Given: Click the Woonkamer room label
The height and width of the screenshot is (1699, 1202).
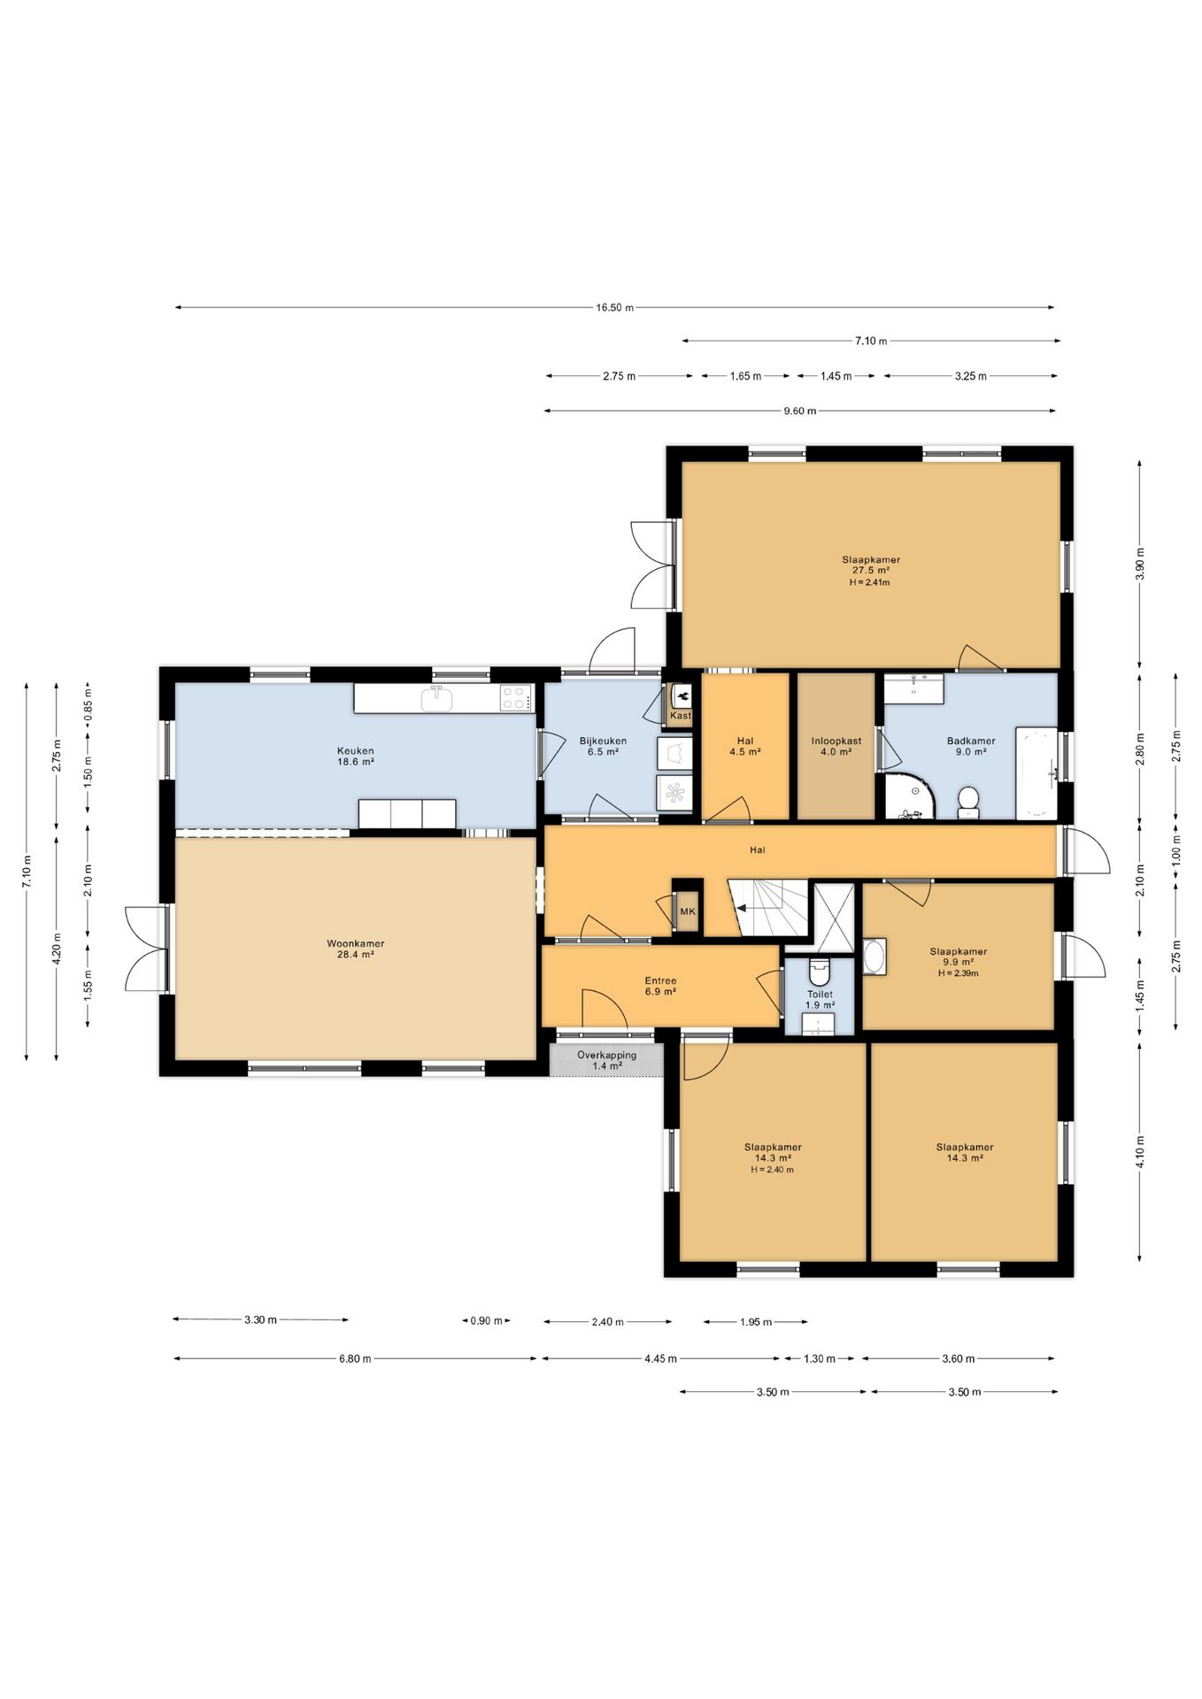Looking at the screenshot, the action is [x=355, y=943].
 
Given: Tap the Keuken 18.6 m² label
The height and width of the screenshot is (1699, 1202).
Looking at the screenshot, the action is [x=355, y=757].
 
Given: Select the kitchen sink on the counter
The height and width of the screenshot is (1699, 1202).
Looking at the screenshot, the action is [x=436, y=698].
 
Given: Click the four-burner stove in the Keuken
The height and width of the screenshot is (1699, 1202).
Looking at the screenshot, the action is [x=515, y=698].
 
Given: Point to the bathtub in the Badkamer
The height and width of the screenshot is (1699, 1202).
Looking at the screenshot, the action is [x=1036, y=773].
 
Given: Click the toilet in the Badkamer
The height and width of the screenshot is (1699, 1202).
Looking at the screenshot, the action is [x=968, y=803].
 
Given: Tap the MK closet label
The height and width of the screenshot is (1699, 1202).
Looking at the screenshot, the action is [x=687, y=911].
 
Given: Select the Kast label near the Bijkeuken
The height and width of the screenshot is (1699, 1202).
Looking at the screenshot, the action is [x=680, y=716].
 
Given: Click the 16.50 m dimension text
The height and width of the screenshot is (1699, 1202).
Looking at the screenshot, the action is [x=614, y=308].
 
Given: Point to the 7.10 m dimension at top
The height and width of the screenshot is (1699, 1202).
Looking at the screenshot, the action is [x=871, y=341].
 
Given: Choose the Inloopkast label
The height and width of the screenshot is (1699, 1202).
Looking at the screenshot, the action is [x=836, y=742].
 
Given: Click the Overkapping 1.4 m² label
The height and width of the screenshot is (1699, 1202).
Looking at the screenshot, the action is [x=606, y=1061].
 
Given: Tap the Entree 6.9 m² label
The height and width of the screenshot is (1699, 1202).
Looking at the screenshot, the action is [x=660, y=987].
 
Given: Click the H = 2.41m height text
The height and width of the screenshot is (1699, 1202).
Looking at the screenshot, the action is [x=869, y=582].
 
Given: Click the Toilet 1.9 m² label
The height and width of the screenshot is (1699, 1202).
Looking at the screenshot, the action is [x=820, y=1000].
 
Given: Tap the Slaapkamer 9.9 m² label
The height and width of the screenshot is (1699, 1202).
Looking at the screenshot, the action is [x=958, y=957].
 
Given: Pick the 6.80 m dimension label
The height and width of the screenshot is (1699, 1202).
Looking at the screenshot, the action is [x=355, y=1358].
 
